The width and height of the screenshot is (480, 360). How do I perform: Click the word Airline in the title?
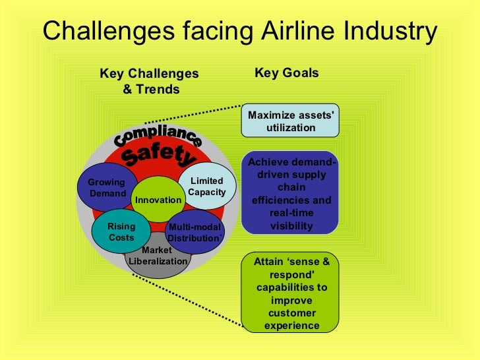pyautogui.click(x=296, y=31)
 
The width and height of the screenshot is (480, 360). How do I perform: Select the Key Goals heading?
pyautogui.click(x=286, y=73)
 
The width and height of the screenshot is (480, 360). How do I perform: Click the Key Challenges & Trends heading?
pyautogui.click(x=150, y=81)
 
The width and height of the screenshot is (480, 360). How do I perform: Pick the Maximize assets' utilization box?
pyautogui.click(x=290, y=121)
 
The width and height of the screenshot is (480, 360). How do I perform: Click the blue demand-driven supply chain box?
pyautogui.click(x=290, y=195)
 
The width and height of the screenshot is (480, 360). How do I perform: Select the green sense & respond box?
pyautogui.click(x=290, y=293)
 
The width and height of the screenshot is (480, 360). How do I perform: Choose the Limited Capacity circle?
pyautogui.click(x=207, y=187)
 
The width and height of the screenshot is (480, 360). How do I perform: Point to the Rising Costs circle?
pyautogui.click(x=121, y=231)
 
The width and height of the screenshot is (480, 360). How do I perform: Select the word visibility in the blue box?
pyautogui.click(x=290, y=225)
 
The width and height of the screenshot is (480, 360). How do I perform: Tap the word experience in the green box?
pyautogui.click(x=290, y=326)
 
